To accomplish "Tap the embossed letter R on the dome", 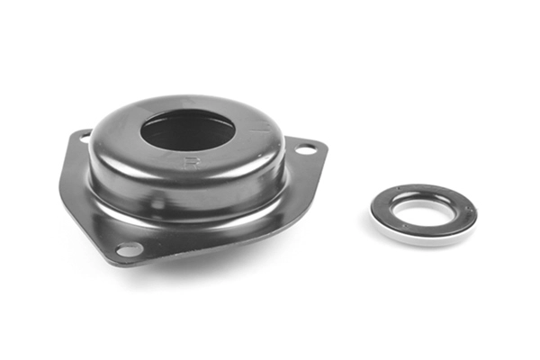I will (x=191, y=163).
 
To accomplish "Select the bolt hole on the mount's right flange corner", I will (x=306, y=149).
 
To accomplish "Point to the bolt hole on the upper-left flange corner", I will (x=85, y=138).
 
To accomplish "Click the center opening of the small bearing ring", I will (x=422, y=212).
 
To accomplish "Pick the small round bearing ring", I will (x=423, y=214).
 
